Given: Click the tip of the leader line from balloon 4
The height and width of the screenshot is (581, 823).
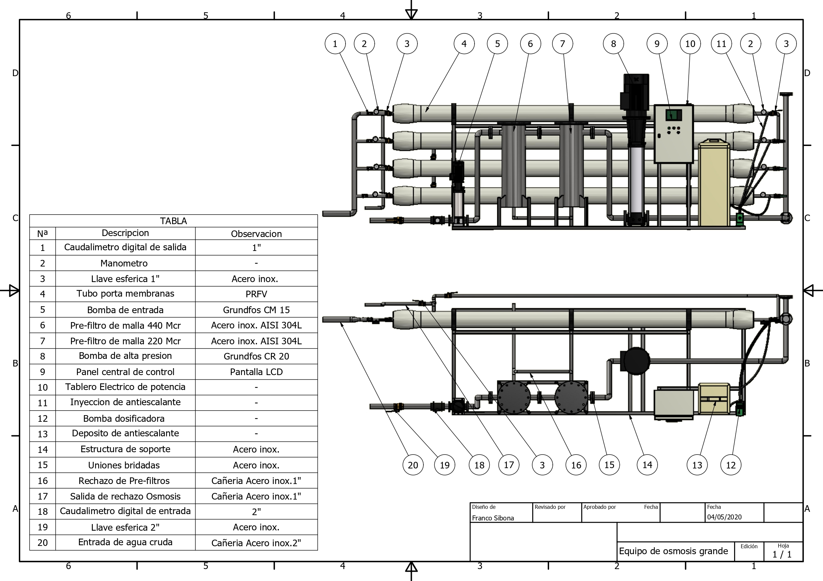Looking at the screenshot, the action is (426, 112).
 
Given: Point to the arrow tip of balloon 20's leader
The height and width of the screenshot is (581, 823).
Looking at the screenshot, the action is (341, 322).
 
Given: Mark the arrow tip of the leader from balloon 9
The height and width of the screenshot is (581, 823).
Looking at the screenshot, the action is (671, 119).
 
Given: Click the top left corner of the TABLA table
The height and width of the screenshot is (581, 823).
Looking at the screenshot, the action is (30, 215).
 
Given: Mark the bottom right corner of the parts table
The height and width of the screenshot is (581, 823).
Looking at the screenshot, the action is (318, 550).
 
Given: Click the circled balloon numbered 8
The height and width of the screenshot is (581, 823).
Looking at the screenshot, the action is (613, 44).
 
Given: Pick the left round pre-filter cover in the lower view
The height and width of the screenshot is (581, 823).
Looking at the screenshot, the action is (513, 398).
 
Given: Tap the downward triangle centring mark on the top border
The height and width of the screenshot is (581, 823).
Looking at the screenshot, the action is (411, 14).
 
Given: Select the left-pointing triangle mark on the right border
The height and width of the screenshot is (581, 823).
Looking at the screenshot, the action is (809, 290).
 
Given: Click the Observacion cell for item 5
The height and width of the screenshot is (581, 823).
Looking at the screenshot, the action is (256, 310).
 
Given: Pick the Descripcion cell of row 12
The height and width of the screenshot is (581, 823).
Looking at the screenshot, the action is (125, 418).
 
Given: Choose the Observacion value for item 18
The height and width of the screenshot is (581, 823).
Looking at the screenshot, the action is (256, 511).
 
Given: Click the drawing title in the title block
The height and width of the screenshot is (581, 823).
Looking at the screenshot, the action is (673, 551).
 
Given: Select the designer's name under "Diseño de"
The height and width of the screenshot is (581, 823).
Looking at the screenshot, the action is (493, 518).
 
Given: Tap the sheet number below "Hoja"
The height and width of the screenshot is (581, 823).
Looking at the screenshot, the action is (782, 555).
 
